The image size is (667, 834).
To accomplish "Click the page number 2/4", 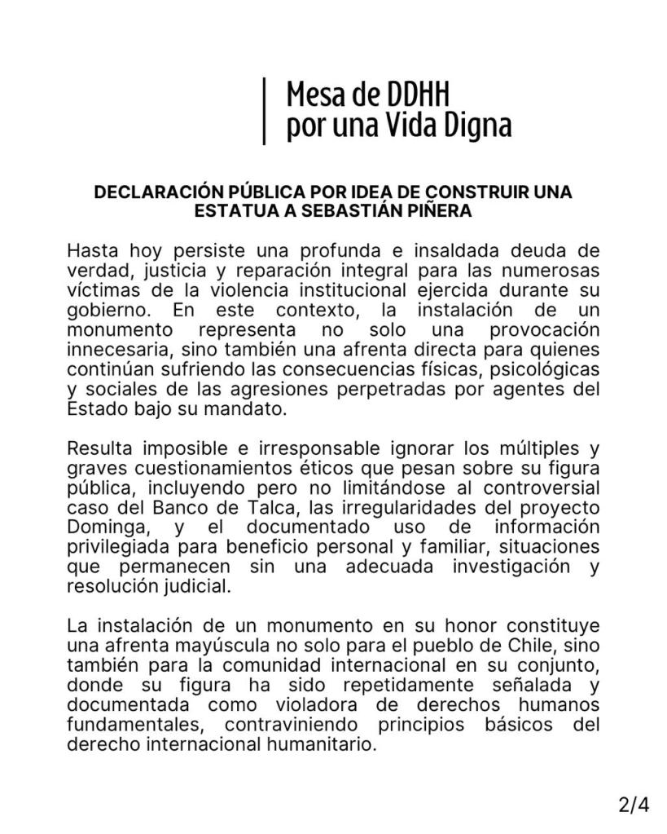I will [x=634, y=805].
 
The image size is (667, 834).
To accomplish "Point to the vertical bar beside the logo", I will [x=265, y=111].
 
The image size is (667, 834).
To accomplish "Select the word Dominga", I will [x=101, y=527].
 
